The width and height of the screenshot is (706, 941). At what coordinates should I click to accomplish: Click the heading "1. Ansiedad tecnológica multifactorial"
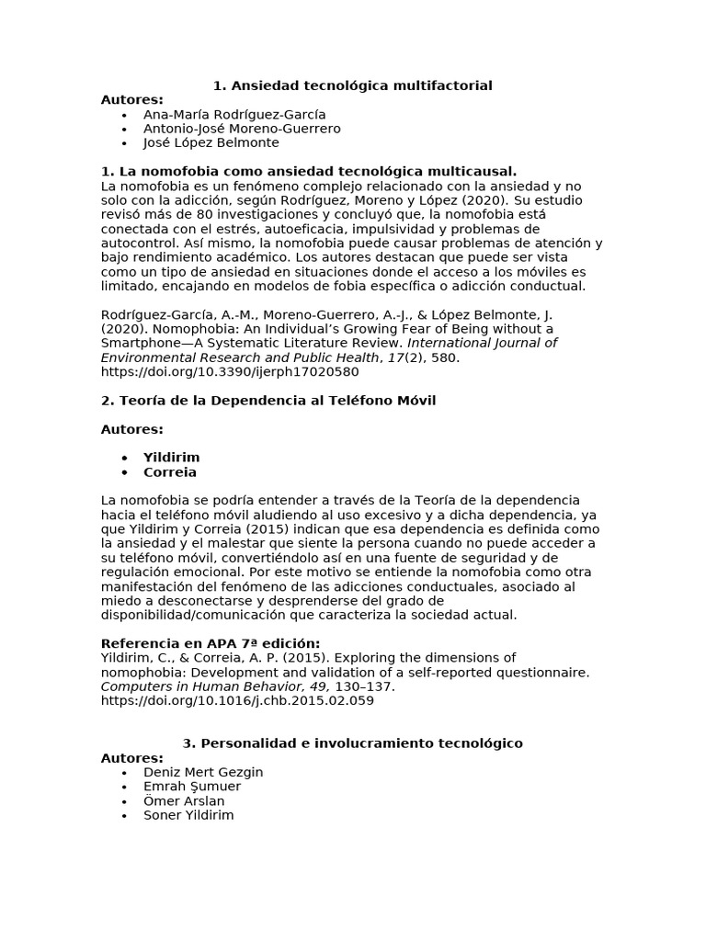352,85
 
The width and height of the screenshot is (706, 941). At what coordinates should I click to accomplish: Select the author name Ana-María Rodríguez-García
234,114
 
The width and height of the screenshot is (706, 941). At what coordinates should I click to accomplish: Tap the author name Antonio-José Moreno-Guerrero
242,129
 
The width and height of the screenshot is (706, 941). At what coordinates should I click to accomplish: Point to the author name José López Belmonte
211,142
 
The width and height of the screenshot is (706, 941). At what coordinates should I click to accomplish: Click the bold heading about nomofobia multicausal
308,171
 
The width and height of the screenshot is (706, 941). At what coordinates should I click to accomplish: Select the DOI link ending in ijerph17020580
229,371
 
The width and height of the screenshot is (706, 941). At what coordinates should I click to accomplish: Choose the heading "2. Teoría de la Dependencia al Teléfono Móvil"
268,400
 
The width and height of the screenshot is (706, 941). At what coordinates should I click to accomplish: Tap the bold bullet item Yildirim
171,457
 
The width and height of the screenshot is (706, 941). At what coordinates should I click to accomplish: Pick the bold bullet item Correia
169,472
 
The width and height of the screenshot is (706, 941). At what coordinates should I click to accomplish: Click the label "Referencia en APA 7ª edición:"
210,643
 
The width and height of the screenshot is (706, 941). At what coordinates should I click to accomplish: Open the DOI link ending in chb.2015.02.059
236,700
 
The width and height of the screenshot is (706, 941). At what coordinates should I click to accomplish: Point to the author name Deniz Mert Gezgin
203,772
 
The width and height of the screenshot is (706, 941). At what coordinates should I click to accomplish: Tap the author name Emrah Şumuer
192,787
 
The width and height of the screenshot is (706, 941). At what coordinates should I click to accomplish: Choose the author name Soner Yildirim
188,815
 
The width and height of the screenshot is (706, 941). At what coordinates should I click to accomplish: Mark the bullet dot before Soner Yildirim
124,816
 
